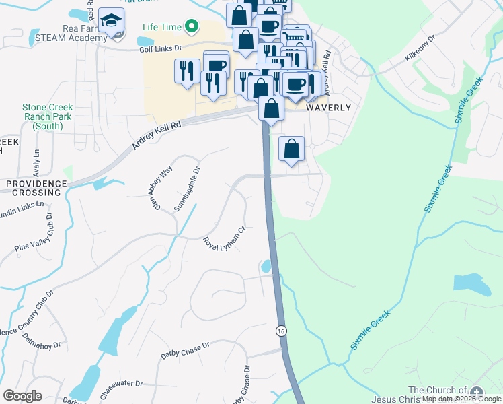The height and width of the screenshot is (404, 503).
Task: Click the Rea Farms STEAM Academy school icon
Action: pos(111,22)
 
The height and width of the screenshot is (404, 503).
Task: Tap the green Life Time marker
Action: pos(192,28)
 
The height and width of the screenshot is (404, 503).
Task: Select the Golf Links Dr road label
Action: pos(161,48)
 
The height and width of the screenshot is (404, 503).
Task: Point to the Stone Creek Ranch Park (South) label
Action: pos(47,116)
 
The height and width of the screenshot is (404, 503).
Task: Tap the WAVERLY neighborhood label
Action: pos(328,108)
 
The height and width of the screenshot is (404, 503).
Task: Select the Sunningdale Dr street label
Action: pos(188,191)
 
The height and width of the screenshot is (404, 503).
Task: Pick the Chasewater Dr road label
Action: pos(121,384)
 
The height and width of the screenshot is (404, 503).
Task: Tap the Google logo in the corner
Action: pos(22,396)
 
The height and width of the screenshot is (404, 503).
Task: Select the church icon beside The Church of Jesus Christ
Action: pos(477,392)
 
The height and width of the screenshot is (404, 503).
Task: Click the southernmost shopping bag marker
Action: pos(291,149)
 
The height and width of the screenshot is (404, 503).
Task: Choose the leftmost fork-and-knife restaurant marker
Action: pos(186,71)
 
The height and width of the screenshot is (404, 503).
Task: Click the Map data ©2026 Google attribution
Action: pos(461,399)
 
